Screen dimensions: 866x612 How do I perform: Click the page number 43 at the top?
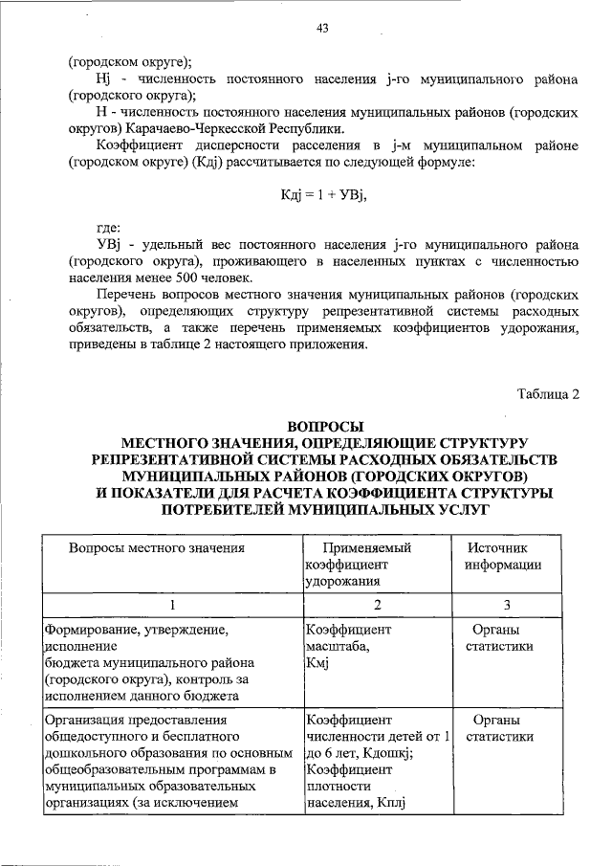pyautogui.click(x=322, y=29)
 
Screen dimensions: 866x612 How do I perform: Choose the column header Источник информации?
pyautogui.click(x=503, y=556)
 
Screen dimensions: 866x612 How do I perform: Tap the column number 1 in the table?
pyautogui.click(x=172, y=604)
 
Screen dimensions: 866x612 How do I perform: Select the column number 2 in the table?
pyautogui.click(x=377, y=604)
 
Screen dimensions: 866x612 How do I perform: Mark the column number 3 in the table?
pyautogui.click(x=507, y=604)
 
